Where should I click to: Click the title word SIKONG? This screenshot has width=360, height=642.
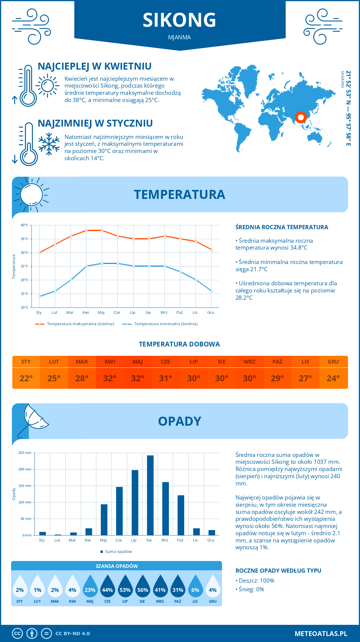(x=179, y=20)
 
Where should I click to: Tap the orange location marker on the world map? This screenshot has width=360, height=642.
(x=301, y=117)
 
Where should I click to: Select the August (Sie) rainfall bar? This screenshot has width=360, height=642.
(x=150, y=495)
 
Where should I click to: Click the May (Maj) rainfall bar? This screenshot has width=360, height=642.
(x=104, y=520)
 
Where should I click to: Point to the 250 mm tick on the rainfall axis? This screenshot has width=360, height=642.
(x=25, y=453)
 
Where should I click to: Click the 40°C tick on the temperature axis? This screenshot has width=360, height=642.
(x=25, y=225)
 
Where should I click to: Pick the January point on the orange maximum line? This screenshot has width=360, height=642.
(x=40, y=253)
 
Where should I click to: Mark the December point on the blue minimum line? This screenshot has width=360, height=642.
(x=211, y=291)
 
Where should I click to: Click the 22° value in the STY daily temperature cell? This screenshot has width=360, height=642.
(x=26, y=378)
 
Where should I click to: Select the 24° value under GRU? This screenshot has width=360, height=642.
(x=333, y=378)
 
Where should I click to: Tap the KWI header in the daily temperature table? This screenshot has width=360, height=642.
(x=110, y=362)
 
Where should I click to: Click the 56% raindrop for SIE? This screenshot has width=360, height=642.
(x=142, y=590)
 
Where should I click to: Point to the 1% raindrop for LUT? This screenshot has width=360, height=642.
(x=37, y=590)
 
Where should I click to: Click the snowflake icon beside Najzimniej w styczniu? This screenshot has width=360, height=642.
(x=49, y=144)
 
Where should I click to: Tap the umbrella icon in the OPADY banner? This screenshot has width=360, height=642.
(x=33, y=419)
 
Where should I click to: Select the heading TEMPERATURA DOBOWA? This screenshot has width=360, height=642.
(x=179, y=344)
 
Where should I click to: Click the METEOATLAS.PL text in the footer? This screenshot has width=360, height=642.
(x=321, y=634)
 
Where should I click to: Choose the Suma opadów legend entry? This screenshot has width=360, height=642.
(x=118, y=552)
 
